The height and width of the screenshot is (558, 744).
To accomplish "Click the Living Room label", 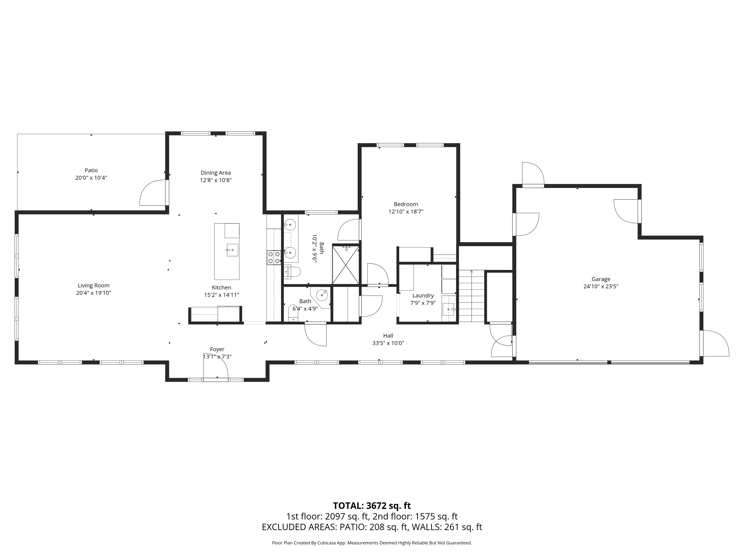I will point(94,286).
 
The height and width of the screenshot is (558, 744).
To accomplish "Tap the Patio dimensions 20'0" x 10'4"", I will point(91,178).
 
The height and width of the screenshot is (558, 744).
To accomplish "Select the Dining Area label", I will point(216,173).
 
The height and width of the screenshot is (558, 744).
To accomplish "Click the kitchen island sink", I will point(232,250).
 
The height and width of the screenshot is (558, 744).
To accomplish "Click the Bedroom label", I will point(406,204).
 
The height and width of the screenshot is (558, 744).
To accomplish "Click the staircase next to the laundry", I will point(472,296).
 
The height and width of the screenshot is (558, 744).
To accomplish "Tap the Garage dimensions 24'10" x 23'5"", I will point(601,287).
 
